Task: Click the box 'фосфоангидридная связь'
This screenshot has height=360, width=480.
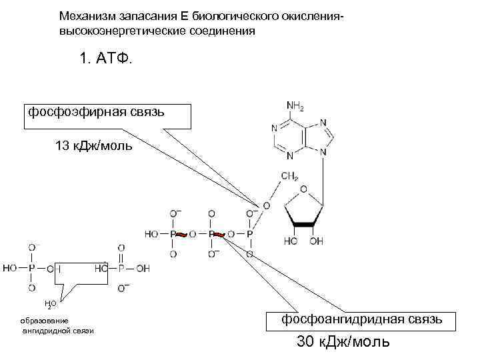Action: click(x=362, y=319)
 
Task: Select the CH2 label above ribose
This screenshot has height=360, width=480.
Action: click(x=289, y=176)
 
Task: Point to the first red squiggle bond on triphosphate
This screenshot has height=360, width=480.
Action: click(x=181, y=235)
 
